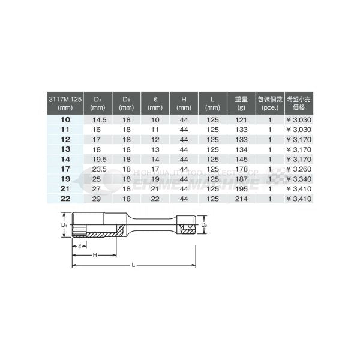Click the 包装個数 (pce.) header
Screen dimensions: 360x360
point(271,103)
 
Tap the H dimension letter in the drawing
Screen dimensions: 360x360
point(94,255)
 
